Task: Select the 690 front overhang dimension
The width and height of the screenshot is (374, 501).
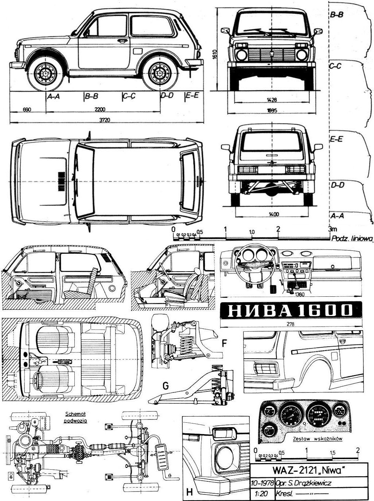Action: coord(26,109)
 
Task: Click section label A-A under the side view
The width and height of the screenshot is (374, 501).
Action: coord(54,96)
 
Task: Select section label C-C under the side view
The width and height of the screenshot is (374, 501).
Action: coord(129,96)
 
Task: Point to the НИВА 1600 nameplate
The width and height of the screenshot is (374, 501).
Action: coord(291,310)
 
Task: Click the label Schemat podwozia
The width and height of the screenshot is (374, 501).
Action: coord(74,416)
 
